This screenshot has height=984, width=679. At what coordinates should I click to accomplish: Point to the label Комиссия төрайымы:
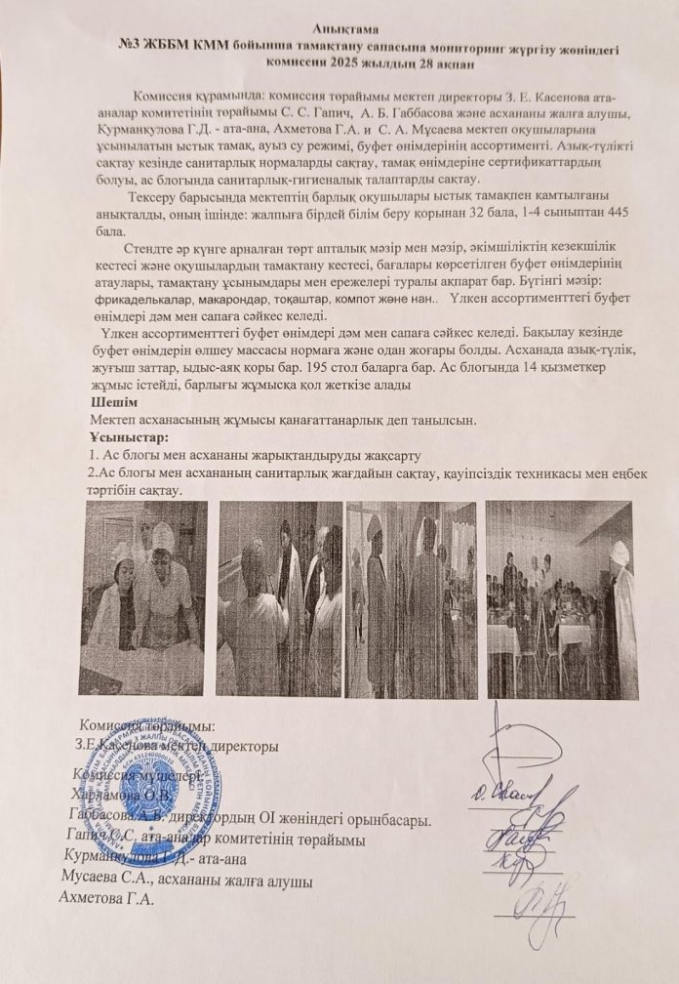(x=146, y=726)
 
